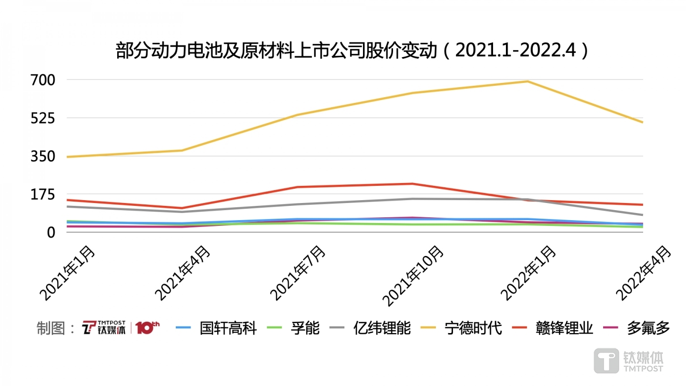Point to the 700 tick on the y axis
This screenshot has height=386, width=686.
(x=44, y=80)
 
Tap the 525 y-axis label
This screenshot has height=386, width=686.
(x=44, y=118)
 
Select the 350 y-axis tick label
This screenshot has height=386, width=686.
(x=44, y=156)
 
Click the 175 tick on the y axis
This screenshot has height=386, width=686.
(x=44, y=194)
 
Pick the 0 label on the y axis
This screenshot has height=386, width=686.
(x=51, y=233)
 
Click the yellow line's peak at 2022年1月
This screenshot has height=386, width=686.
(x=527, y=81)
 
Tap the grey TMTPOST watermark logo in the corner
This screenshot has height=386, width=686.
(x=628, y=360)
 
